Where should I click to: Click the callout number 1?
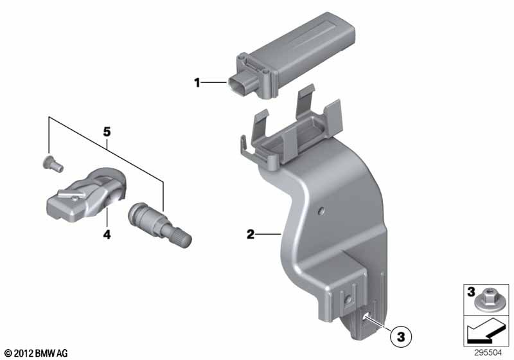(197, 83)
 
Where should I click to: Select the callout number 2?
(251, 234)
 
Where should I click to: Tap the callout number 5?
(107, 132)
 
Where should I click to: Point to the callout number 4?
(107, 235)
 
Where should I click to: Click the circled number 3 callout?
(401, 336)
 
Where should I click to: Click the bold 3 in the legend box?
(471, 291)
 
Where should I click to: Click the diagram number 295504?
(488, 353)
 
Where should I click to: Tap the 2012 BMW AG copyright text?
(36, 353)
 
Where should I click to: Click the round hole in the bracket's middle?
(322, 210)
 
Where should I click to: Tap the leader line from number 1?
(213, 83)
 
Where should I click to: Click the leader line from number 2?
(268, 234)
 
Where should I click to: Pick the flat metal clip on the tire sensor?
(71, 194)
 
